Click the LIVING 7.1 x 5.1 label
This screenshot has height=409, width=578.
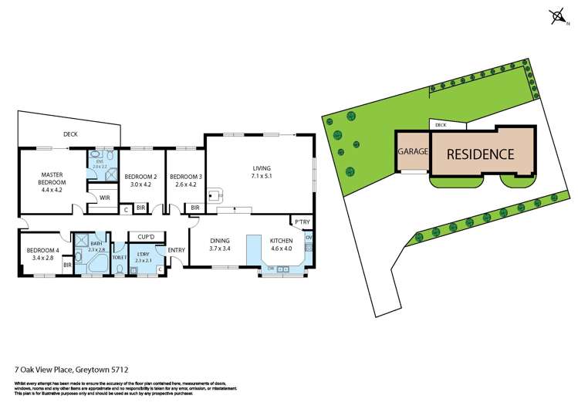pos(262,171)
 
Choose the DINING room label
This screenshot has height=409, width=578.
pos(221,244)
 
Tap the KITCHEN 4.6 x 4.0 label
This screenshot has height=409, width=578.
pos(280,244)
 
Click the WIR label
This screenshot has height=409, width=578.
pos(104,198)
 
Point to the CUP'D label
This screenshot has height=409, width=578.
pos(146,236)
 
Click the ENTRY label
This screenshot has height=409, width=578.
pos(176,249)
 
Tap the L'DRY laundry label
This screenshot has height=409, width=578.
pos(143,255)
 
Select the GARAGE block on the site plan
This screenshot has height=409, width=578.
pos(412,151)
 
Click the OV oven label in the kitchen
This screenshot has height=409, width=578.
pos(308,238)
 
